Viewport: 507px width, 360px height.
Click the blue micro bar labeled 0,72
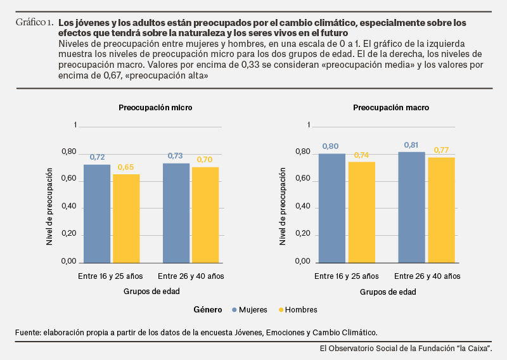click(97, 214)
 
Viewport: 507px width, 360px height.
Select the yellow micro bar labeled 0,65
click(126, 219)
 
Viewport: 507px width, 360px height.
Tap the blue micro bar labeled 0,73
click(176, 213)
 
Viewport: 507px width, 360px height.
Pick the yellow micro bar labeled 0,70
click(205, 215)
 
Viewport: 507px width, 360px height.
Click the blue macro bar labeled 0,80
click(332, 209)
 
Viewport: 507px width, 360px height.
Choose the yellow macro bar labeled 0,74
click(362, 212)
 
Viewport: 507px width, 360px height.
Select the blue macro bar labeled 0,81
click(411, 208)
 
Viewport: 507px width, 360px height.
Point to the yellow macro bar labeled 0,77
click(441, 210)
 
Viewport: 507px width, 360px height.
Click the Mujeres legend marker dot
click(234, 310)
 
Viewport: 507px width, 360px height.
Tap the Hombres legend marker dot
click(281, 310)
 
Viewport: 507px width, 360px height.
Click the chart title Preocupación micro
click(155, 108)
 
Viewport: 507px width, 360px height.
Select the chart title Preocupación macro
click(391, 108)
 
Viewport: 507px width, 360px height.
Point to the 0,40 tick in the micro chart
click(69, 206)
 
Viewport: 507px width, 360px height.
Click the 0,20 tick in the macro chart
click(303, 233)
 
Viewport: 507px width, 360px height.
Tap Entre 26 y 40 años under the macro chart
click(427, 276)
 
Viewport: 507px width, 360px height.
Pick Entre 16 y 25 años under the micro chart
click(110, 276)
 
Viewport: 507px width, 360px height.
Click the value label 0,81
click(411, 145)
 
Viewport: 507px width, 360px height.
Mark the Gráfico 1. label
click(35, 22)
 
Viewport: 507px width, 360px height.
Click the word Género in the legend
click(208, 310)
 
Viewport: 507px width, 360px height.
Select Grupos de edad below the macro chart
click(388, 292)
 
